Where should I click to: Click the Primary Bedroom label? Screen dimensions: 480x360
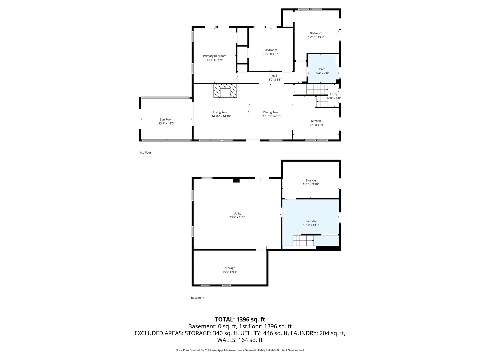click(x=215, y=56)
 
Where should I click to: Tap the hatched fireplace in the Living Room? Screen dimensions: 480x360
click(x=225, y=91)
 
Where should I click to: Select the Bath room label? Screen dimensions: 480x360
click(x=322, y=69)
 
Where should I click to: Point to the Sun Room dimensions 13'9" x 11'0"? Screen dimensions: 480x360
click(x=166, y=123)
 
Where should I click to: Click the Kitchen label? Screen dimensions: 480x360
click(x=316, y=121)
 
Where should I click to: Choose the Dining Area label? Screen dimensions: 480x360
click(x=271, y=112)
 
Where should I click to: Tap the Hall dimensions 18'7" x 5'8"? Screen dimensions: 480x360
click(x=274, y=80)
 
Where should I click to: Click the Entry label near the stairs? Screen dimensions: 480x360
click(x=333, y=94)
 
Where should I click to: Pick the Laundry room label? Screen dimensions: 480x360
click(x=311, y=221)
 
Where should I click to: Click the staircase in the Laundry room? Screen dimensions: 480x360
click(x=303, y=240)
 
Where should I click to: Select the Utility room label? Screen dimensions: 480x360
click(x=237, y=213)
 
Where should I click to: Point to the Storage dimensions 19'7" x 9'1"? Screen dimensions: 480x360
click(x=230, y=272)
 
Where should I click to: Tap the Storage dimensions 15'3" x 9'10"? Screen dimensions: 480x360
click(x=311, y=184)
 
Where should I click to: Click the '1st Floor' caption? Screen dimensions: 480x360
click(x=145, y=153)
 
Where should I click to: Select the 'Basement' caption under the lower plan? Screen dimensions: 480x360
click(x=197, y=298)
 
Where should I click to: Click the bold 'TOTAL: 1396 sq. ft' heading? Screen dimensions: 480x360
click(x=240, y=320)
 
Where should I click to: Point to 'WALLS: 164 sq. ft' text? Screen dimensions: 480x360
click(x=240, y=340)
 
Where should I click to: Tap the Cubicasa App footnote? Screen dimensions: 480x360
click(x=240, y=350)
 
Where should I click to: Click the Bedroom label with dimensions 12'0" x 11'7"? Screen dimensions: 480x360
click(x=271, y=50)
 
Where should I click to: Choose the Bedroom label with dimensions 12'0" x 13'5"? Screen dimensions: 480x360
click(x=316, y=33)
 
